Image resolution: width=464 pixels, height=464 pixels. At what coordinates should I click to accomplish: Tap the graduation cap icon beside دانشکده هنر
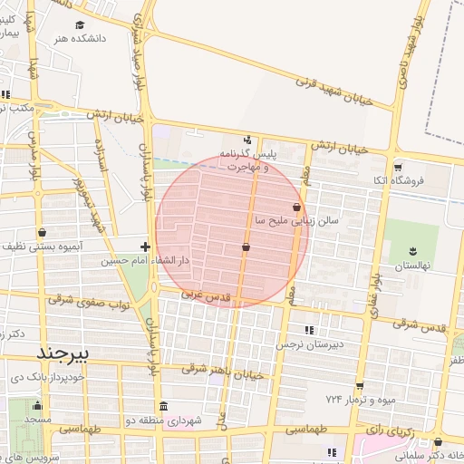point(79,25)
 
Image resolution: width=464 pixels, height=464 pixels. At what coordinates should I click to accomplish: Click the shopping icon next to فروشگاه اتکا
point(398,167)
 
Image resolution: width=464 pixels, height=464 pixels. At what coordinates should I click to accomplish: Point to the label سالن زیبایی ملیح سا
point(296,220)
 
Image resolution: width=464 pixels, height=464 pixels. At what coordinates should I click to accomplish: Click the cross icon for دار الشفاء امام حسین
point(145,246)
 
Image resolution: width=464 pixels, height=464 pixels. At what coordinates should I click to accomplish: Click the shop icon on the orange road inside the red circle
point(246,246)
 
